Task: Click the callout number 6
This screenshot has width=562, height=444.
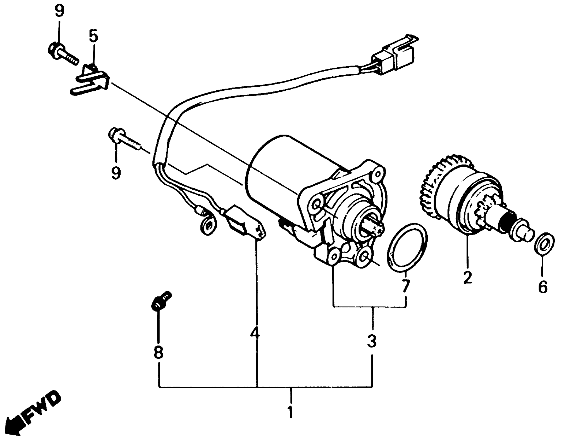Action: [x=543, y=287]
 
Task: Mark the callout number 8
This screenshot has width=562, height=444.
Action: [x=158, y=352]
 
